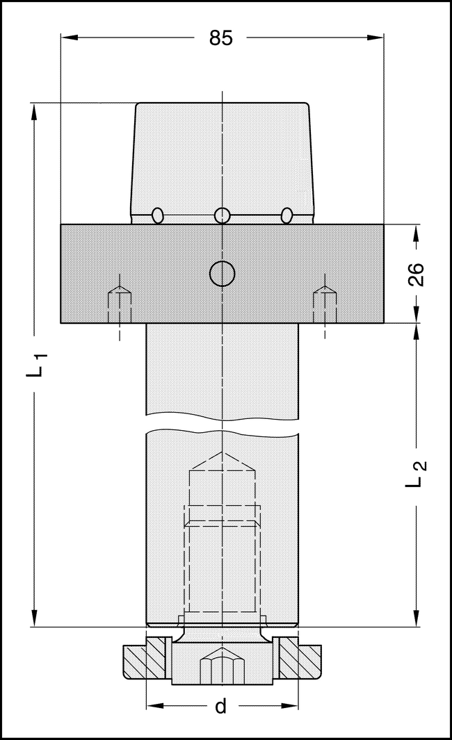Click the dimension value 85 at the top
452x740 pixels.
click(221, 38)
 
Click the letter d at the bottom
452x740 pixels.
click(220, 707)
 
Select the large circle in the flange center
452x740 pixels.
click(222, 274)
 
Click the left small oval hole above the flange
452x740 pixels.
click(158, 215)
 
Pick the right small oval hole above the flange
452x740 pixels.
click(286, 215)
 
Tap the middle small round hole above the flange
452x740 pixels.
click(222, 215)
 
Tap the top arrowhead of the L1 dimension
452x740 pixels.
click(33, 111)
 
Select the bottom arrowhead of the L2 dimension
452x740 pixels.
click(416, 618)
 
